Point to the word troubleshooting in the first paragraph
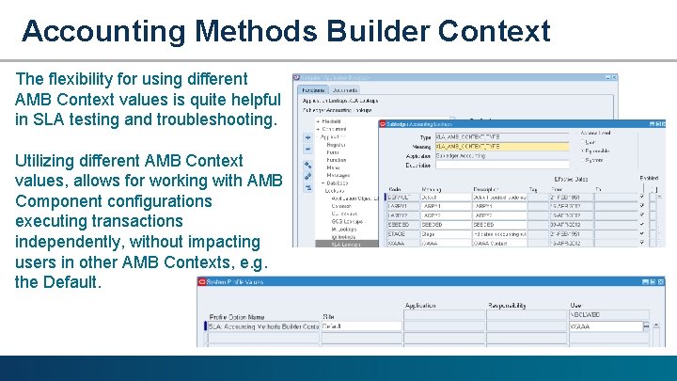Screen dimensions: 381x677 (x=209, y=119)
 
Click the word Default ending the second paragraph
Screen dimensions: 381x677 (x=71, y=281)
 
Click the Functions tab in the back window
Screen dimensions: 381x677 (x=312, y=90)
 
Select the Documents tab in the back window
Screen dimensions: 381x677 (x=344, y=90)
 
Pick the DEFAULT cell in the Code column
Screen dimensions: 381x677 (x=400, y=198)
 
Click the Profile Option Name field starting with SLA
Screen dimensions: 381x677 (x=263, y=326)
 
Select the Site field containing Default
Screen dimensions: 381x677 (x=360, y=326)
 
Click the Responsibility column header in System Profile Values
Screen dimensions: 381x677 (x=513, y=306)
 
